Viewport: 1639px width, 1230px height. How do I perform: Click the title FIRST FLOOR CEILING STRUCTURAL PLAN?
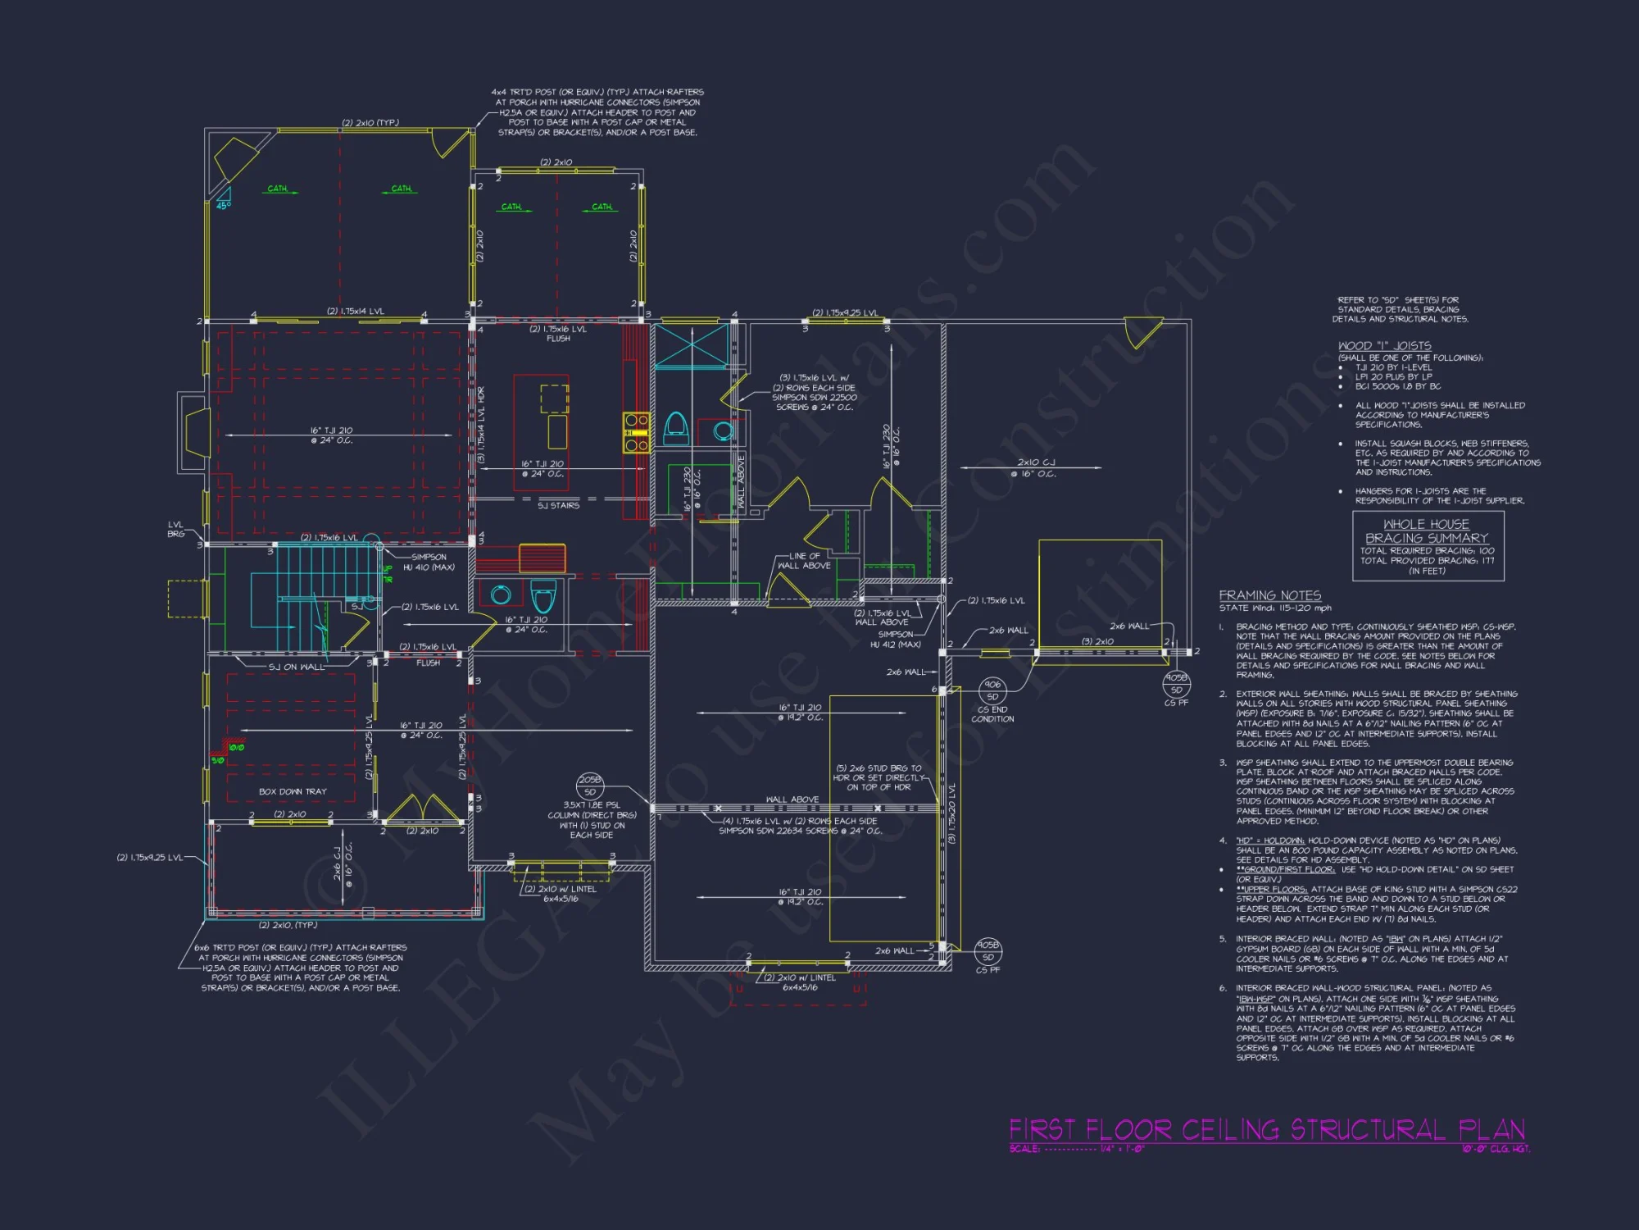[1266, 1130]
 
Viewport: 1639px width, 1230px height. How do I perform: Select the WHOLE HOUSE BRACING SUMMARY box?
[1428, 546]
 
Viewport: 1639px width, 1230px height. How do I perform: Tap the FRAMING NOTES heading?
[1269, 595]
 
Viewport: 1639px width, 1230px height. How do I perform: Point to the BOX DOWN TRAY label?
[293, 791]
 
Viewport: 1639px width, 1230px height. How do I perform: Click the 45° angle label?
[223, 205]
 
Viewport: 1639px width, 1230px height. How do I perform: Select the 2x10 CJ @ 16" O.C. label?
[1036, 467]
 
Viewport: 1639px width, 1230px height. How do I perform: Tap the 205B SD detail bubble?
[590, 786]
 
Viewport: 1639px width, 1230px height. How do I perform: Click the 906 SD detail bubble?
[992, 690]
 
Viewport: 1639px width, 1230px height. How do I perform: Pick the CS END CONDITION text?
[992, 714]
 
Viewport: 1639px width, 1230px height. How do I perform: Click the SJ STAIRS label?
[558, 505]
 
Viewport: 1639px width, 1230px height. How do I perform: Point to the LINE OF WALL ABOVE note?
[804, 561]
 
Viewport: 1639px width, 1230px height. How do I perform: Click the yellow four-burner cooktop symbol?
[637, 433]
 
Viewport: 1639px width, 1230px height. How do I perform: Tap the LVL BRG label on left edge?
[176, 529]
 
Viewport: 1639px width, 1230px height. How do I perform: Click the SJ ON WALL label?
[297, 667]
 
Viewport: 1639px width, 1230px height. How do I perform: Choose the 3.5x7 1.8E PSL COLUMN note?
[592, 820]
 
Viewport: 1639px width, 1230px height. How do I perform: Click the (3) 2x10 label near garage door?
[1097, 641]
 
